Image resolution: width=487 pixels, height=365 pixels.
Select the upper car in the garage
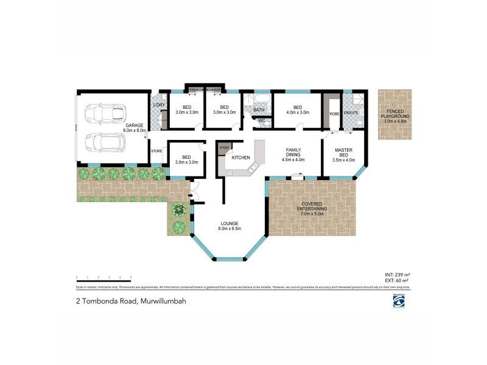click(105, 113)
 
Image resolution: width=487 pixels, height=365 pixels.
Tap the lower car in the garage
click(105, 143)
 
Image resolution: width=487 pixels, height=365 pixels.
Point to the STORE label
click(156, 150)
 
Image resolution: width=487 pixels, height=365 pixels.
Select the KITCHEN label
click(240, 158)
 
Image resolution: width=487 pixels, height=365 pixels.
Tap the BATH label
click(259, 110)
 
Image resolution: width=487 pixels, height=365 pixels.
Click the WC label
click(261, 120)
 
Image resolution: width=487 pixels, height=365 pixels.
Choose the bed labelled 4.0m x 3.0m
click(297, 110)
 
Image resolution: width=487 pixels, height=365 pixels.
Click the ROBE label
click(334, 113)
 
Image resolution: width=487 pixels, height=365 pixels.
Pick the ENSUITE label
click(351, 113)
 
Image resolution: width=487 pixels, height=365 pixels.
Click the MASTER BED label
click(345, 155)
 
